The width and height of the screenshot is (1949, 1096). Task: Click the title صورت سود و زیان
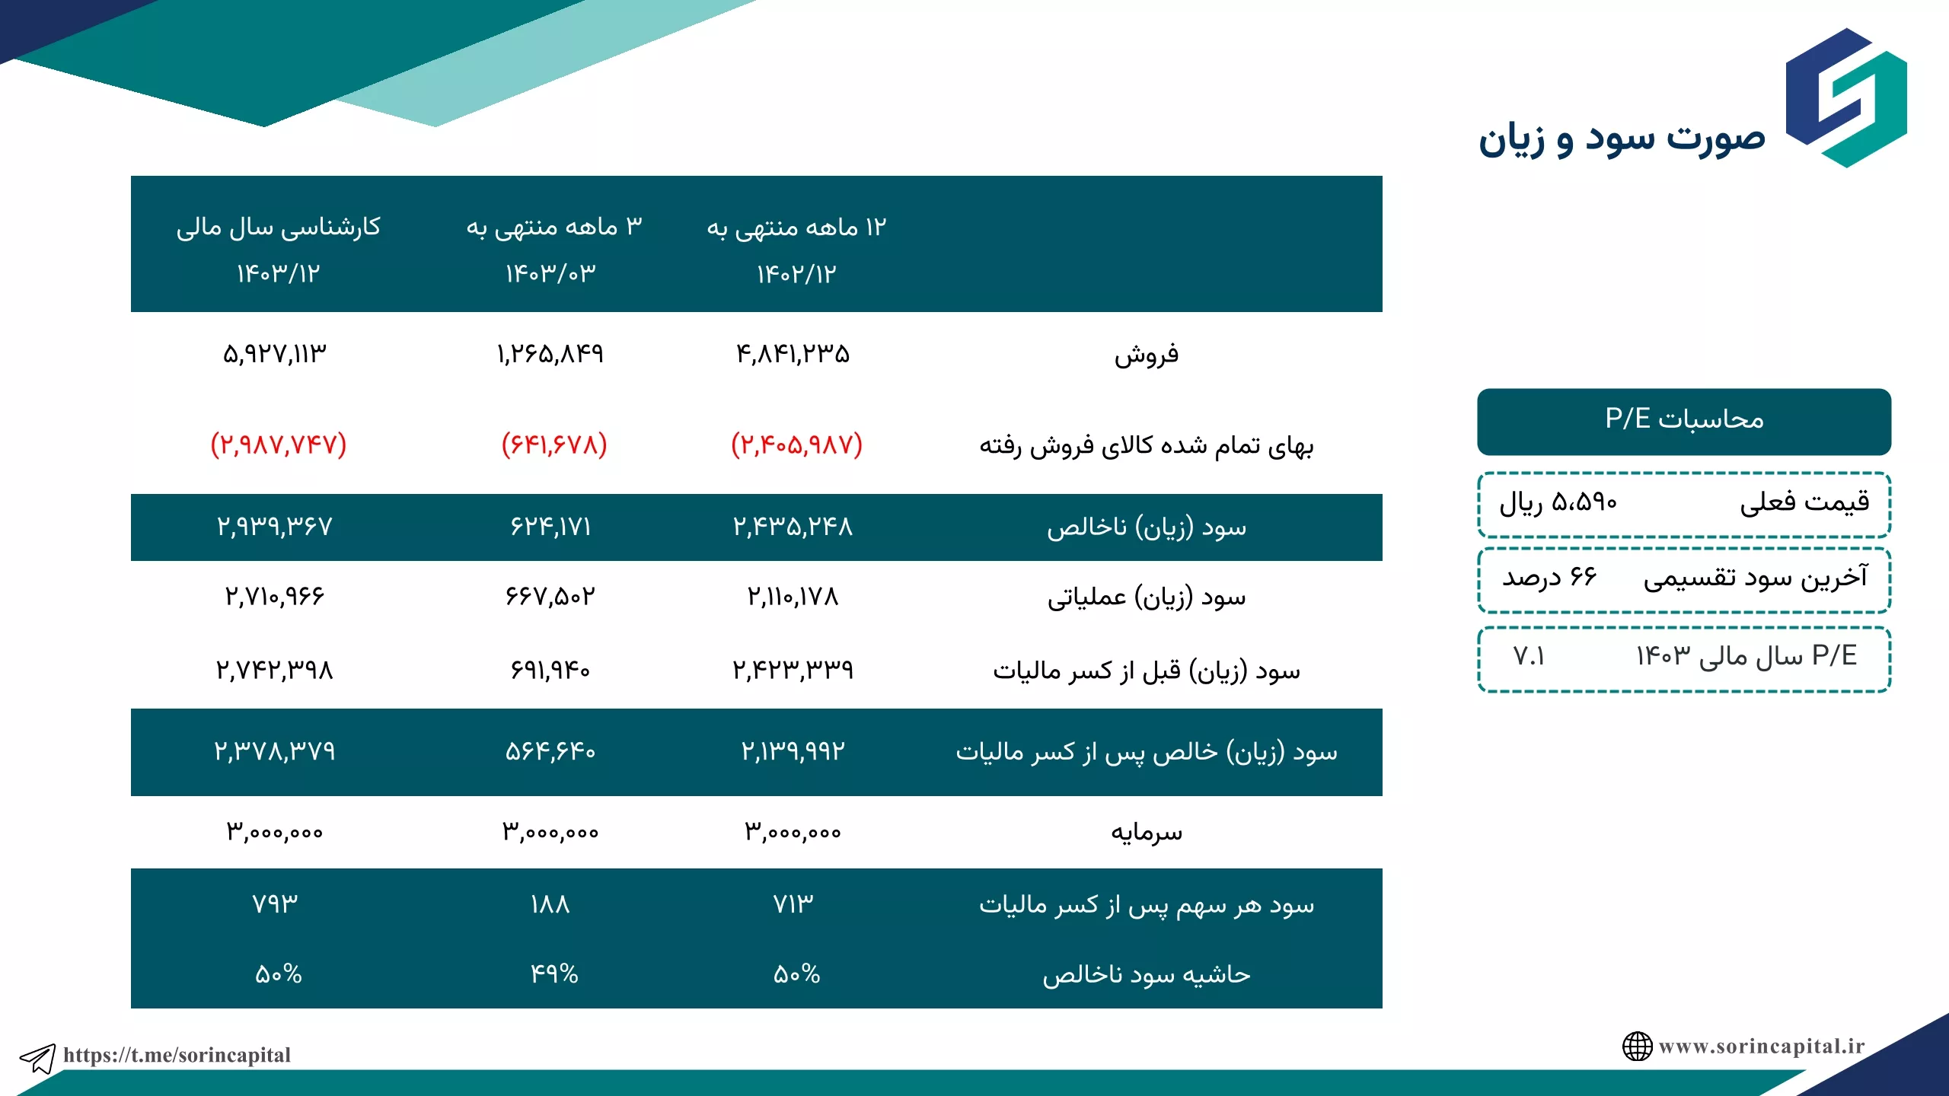click(1622, 140)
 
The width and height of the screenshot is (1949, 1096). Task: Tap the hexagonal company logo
click(1846, 97)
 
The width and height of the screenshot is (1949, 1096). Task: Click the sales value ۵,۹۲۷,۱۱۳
click(275, 354)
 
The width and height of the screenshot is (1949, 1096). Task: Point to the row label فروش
click(1147, 355)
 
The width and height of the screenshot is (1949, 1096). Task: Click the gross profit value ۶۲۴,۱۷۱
click(550, 527)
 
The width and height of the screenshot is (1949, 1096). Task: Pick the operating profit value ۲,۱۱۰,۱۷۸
click(793, 597)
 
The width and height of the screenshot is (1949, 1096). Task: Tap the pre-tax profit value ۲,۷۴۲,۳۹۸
click(275, 670)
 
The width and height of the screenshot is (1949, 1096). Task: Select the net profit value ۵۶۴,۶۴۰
click(550, 752)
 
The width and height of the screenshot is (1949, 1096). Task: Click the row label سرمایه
click(1147, 832)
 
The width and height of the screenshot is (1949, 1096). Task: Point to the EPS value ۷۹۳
click(275, 904)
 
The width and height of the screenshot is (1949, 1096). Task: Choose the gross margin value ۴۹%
click(554, 974)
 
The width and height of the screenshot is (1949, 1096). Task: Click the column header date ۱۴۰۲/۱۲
click(796, 274)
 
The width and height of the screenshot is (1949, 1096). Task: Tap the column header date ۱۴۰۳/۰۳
click(550, 273)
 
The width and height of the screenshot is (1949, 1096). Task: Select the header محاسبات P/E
click(1684, 419)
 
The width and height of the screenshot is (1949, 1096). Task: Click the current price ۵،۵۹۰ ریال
click(1558, 502)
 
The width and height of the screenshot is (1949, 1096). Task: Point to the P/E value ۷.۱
click(1529, 656)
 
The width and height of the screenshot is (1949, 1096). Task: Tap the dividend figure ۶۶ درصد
click(1549, 578)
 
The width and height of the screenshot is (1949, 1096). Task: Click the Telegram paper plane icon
click(37, 1058)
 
